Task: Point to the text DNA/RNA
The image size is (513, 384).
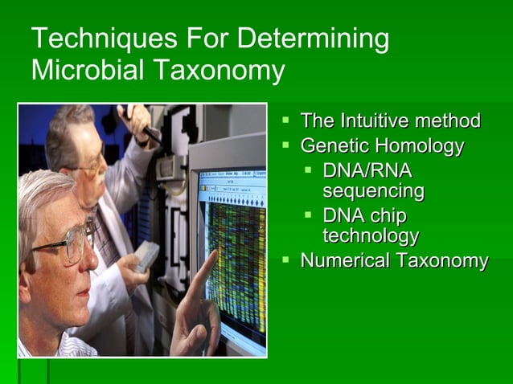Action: [367, 171]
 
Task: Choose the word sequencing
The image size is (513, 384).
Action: [373, 191]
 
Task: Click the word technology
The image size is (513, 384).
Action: [370, 236]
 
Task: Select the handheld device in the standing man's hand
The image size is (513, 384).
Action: [147, 256]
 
